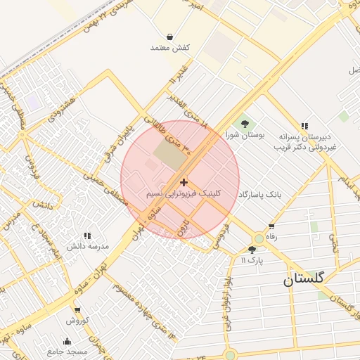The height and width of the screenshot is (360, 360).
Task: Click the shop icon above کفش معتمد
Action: tap(170, 37)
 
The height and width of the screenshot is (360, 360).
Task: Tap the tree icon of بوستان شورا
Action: tap(243, 124)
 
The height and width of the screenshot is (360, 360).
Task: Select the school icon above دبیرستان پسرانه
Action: tap(304, 124)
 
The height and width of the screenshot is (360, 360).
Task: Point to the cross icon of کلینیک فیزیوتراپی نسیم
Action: tap(184, 182)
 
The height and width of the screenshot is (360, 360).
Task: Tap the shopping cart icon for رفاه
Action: tap(271, 226)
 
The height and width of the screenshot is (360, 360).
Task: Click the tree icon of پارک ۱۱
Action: tap(252, 250)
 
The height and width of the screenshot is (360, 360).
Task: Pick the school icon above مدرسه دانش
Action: tap(87, 236)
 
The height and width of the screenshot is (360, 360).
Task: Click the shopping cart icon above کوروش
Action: tap(77, 310)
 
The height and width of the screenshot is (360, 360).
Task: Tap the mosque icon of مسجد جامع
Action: tap(67, 342)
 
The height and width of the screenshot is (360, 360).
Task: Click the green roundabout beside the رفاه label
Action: tap(259, 239)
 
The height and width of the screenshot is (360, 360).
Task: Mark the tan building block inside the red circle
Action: tap(167, 155)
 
